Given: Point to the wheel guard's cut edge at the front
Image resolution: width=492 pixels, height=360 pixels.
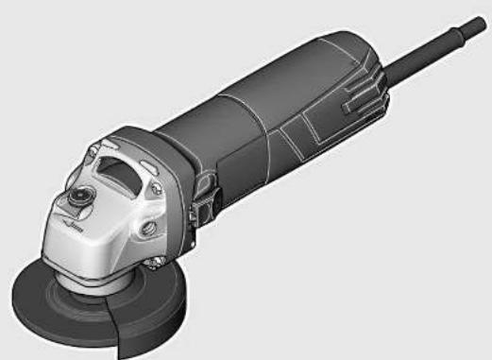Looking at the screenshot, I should coord(118,334).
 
